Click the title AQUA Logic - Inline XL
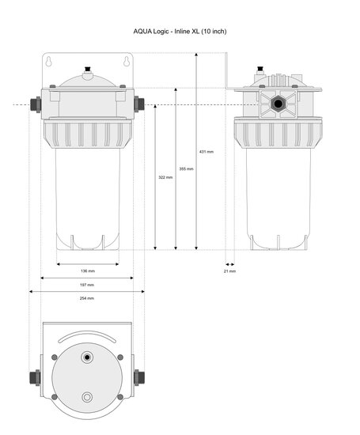coord(180,32)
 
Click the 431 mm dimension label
coord(207,152)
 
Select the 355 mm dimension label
coord(186,169)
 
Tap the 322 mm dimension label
coord(165,177)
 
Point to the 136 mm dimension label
coord(88,271)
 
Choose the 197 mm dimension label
coord(87,285)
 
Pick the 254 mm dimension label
coord(87,298)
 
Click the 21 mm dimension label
coord(229,271)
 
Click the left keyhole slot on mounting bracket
coord(48,62)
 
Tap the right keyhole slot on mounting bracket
coord(127,62)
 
